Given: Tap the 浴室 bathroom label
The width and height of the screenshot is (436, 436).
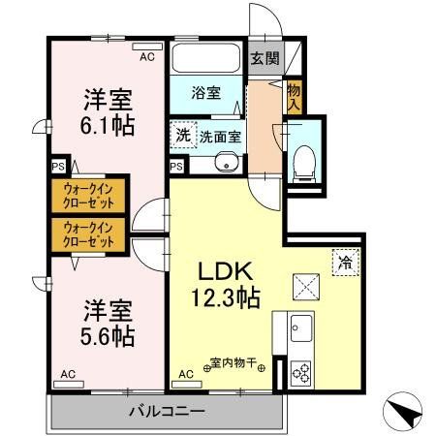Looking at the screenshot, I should (x=204, y=94).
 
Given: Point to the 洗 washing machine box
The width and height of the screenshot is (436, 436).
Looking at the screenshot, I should (x=182, y=136).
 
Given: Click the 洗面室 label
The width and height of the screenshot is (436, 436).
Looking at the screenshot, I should (x=220, y=137).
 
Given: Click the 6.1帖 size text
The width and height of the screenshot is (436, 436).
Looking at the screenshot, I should (x=106, y=125).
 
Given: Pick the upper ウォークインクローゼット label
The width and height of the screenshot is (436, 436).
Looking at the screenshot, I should (x=89, y=197).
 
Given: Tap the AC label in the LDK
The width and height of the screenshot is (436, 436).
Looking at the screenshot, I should (x=186, y=373).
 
